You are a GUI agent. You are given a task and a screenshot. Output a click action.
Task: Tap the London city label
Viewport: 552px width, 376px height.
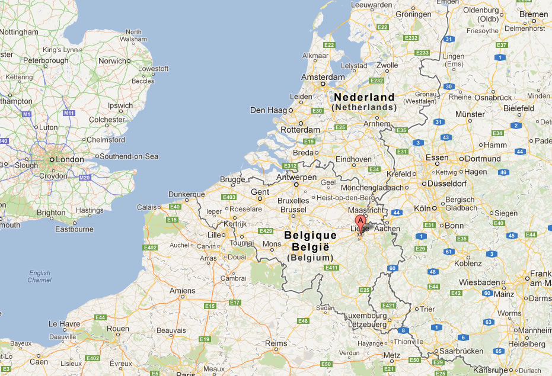click(x=69, y=160)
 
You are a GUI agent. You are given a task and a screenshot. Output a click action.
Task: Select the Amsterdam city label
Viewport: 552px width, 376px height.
click(x=323, y=77)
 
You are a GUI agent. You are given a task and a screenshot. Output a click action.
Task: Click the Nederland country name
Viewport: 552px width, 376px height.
click(x=363, y=97)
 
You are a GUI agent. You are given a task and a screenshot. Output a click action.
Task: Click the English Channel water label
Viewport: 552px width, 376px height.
click(x=39, y=276)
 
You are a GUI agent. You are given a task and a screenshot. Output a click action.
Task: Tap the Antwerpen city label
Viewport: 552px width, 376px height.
click(x=297, y=177)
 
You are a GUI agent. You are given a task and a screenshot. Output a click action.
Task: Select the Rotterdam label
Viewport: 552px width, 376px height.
click(x=301, y=130)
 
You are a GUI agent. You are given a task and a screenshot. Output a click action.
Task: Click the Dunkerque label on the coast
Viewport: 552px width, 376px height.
click(x=186, y=194)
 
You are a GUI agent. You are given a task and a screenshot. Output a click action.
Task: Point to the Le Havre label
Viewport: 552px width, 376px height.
click(x=63, y=324)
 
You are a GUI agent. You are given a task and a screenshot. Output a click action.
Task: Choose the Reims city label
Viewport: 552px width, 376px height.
click(x=276, y=343)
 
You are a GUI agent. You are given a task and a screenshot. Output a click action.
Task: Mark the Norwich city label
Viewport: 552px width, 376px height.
click(x=112, y=61)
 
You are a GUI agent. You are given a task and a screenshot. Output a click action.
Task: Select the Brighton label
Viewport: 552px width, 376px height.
click(x=51, y=213)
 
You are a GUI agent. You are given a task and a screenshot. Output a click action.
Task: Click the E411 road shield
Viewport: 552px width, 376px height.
click(x=331, y=268)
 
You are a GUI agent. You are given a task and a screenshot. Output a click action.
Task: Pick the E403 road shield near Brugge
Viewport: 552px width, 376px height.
click(x=228, y=197)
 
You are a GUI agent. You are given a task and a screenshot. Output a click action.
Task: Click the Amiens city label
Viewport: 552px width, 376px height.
click(x=182, y=291)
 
